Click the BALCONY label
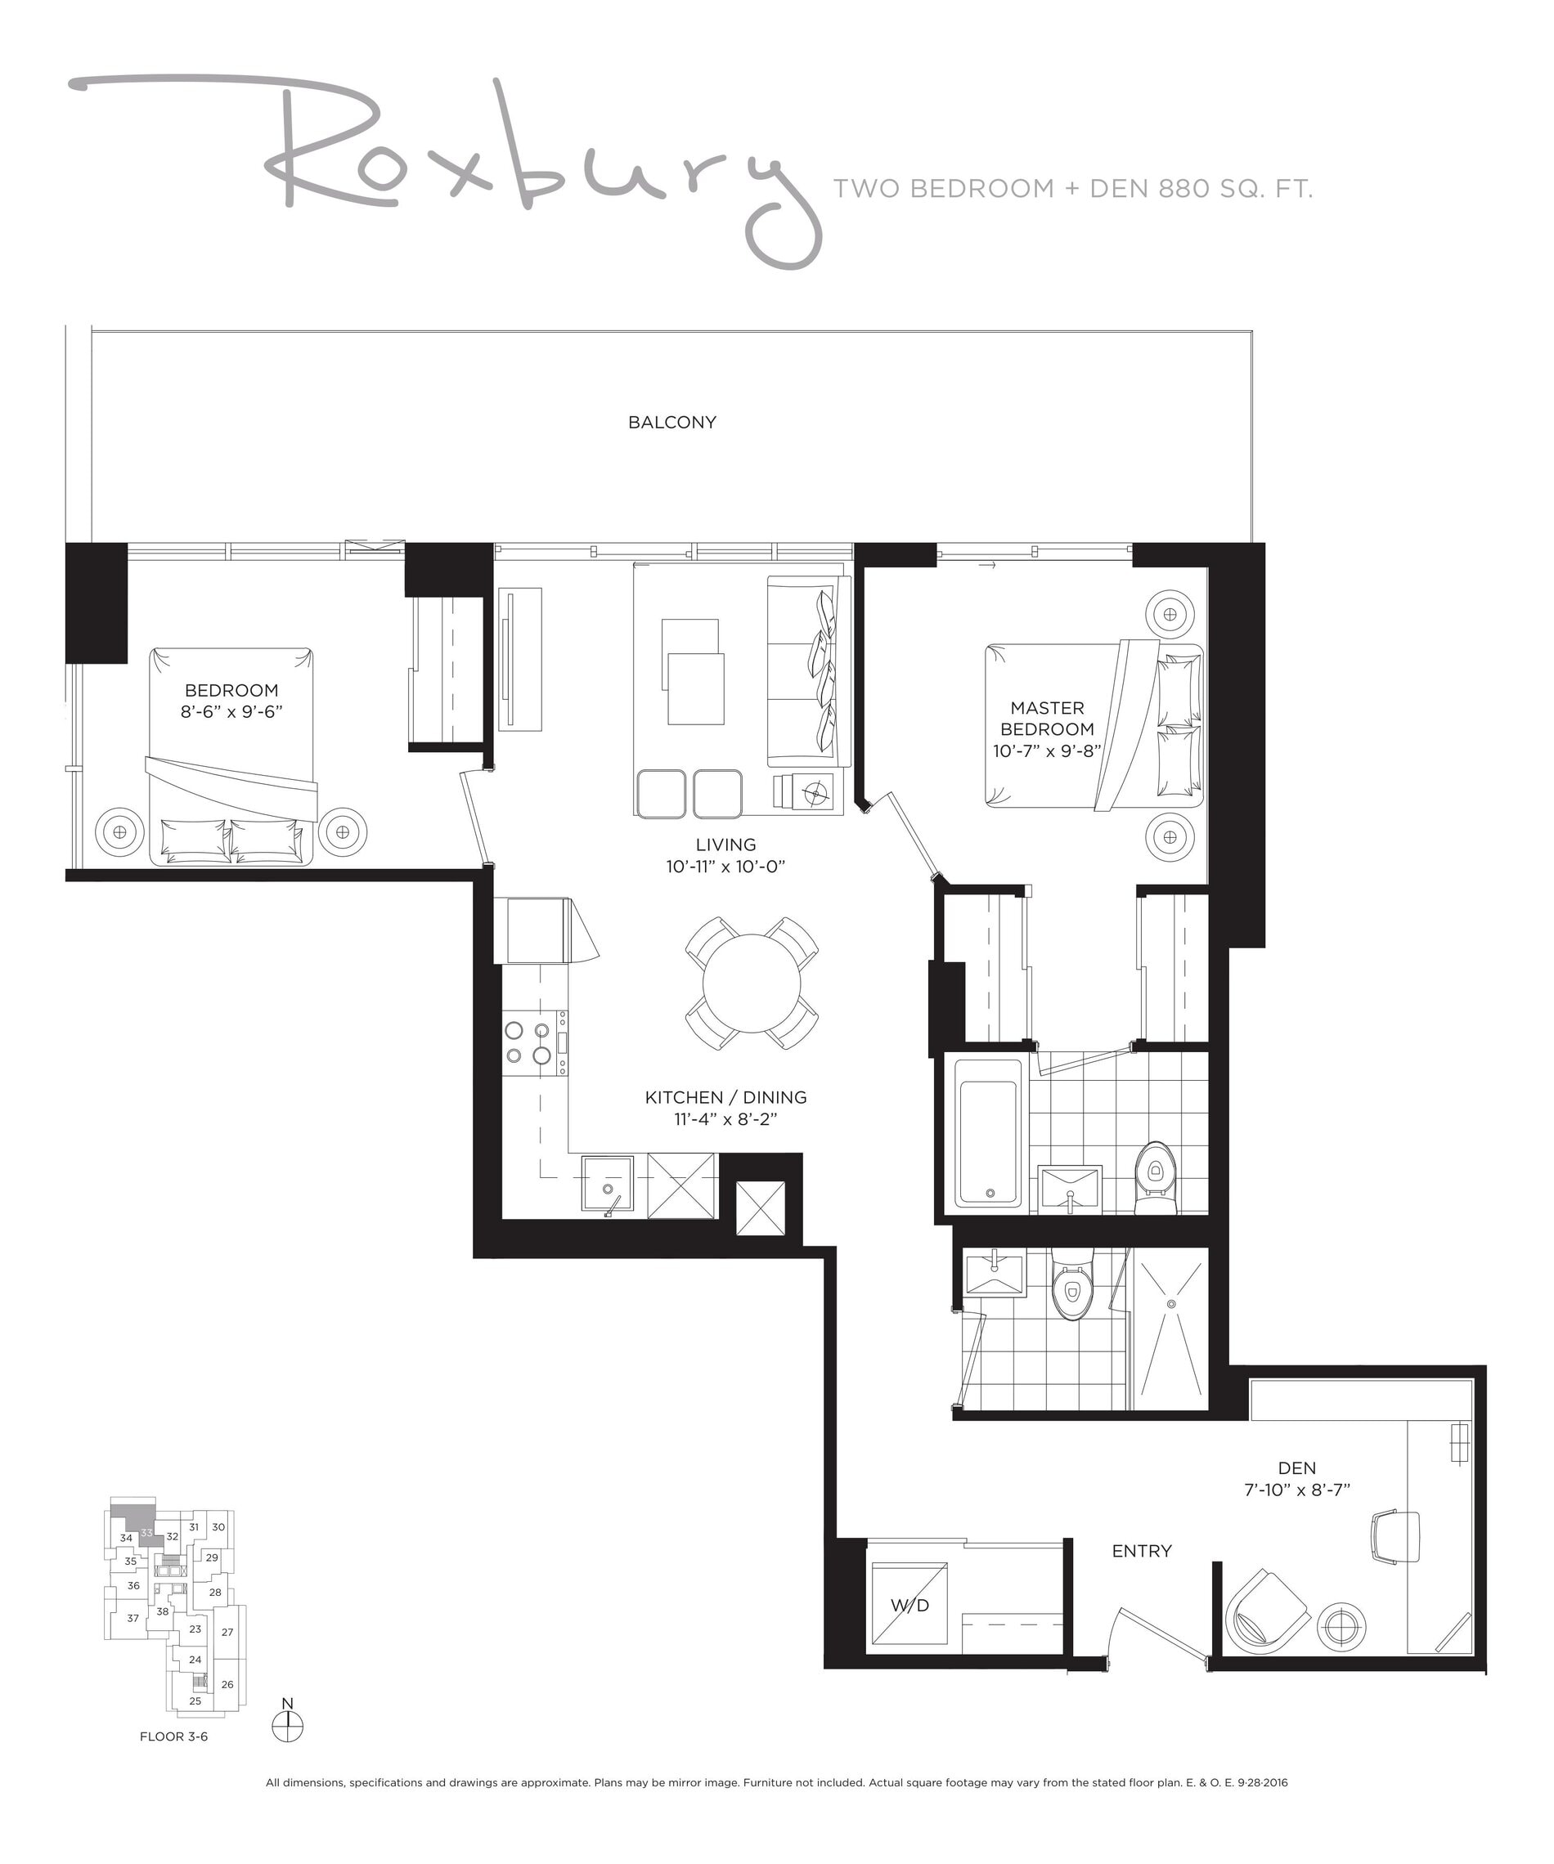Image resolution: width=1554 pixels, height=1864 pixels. pyautogui.click(x=671, y=423)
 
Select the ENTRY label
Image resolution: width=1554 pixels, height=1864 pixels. pyautogui.click(x=1142, y=1551)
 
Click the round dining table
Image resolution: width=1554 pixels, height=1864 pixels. pyautogui.click(x=752, y=984)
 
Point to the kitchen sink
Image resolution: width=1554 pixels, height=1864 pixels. pyautogui.click(x=608, y=1183)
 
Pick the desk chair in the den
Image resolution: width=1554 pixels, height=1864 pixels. pyautogui.click(x=1395, y=1537)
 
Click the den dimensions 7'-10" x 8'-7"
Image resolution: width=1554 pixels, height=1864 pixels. pyautogui.click(x=1296, y=1490)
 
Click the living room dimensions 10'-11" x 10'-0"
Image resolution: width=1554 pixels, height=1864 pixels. pyautogui.click(x=725, y=867)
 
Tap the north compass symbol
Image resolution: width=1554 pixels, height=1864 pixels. pyautogui.click(x=287, y=1727)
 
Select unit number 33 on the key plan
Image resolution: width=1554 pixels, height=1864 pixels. pyautogui.click(x=146, y=1533)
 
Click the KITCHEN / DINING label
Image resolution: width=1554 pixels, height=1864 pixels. pyautogui.click(x=725, y=1098)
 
